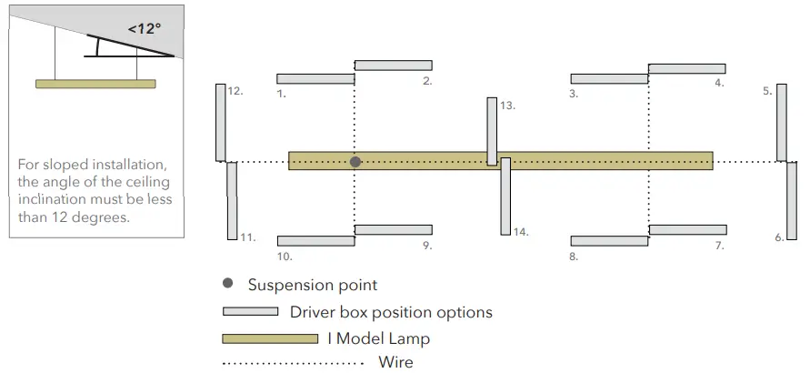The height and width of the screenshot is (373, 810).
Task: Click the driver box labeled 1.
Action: pyautogui.click(x=315, y=79)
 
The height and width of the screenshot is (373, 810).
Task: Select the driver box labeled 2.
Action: pyautogui.click(x=393, y=66)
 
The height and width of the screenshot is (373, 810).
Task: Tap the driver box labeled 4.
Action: pyautogui.click(x=686, y=68)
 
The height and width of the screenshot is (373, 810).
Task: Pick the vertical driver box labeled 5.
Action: pyautogui.click(x=781, y=122)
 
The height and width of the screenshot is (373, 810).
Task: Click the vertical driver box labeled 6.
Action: pyautogui.click(x=791, y=201)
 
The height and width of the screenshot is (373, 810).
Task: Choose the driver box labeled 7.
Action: pyautogui.click(x=686, y=229)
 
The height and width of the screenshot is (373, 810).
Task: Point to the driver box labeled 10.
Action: pyautogui.click(x=315, y=241)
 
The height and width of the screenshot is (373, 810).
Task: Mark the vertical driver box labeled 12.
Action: pyautogui.click(x=220, y=122)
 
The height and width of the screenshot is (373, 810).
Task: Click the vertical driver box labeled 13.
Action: pyautogui.click(x=492, y=131)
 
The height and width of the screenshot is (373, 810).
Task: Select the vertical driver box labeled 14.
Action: pyautogui.click(x=505, y=196)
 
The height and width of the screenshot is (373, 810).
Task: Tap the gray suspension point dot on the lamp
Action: pyautogui.click(x=355, y=161)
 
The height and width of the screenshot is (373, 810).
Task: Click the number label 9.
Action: pyautogui.click(x=426, y=246)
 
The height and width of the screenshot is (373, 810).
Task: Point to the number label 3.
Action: pyautogui.click(x=574, y=93)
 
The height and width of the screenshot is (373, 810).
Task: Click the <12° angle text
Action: pyautogui.click(x=144, y=28)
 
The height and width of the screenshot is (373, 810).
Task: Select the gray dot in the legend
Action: pyautogui.click(x=227, y=285)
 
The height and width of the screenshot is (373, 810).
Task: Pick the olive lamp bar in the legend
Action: pyautogui.click(x=270, y=338)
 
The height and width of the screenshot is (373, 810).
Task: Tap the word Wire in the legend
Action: pyautogui.click(x=395, y=363)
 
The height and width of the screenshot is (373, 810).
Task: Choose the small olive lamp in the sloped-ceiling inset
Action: pyautogui.click(x=95, y=84)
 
